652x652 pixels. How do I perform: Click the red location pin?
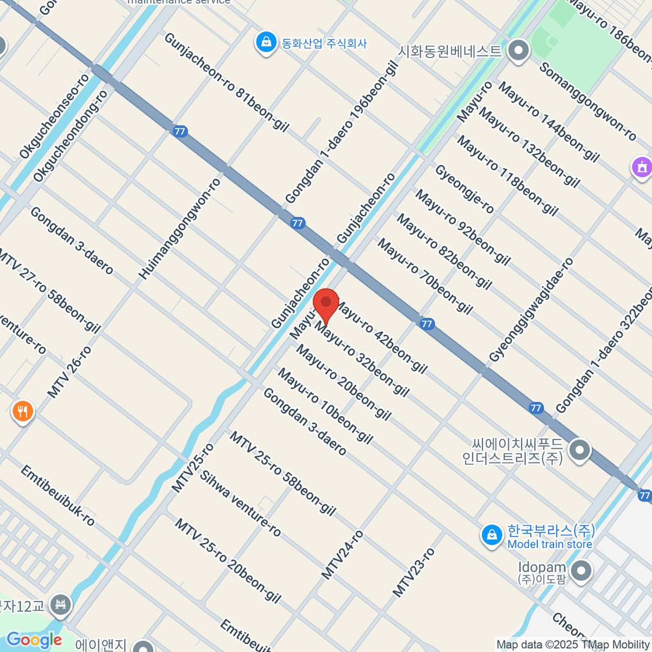(326, 304)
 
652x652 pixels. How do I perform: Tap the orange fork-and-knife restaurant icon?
(22, 412)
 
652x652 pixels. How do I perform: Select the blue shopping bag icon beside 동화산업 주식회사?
(266, 42)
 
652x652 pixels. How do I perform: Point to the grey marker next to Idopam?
(582, 572)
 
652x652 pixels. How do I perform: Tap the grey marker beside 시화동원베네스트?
(519, 51)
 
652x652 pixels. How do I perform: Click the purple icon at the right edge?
(642, 167)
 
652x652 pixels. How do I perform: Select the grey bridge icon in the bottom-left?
(60, 604)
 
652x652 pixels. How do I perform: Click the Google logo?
(34, 640)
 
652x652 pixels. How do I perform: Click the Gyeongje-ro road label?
(465, 189)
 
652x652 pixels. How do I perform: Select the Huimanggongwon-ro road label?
(180, 229)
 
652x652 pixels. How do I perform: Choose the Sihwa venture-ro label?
(240, 504)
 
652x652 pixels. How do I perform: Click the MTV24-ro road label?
(342, 555)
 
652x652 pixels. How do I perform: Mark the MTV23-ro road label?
(413, 572)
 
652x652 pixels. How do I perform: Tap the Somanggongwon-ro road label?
(588, 102)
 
